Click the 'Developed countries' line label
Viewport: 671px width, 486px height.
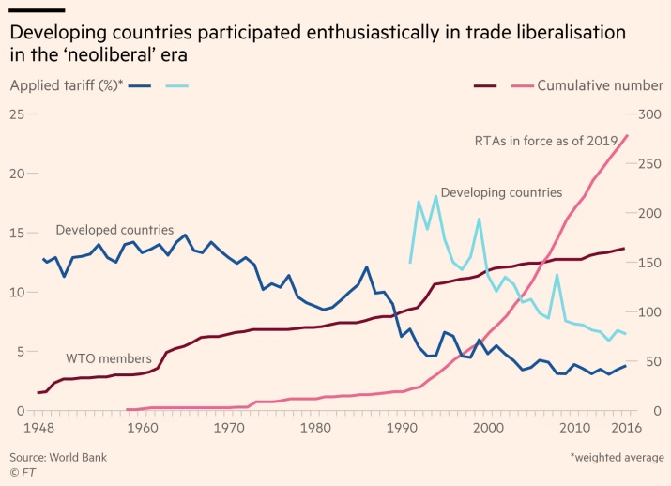[x=114, y=230]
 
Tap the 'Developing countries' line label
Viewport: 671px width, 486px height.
[x=501, y=192]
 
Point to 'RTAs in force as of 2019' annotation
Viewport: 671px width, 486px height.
[x=545, y=141]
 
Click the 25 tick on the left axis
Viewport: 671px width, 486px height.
[x=16, y=114]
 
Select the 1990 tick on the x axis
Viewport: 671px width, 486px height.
[x=401, y=429]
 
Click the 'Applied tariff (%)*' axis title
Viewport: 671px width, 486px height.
[x=67, y=85]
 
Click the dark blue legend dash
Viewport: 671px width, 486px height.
[x=140, y=85]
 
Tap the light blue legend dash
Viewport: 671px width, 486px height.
[x=177, y=85]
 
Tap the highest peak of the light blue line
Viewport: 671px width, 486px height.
[x=436, y=196]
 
